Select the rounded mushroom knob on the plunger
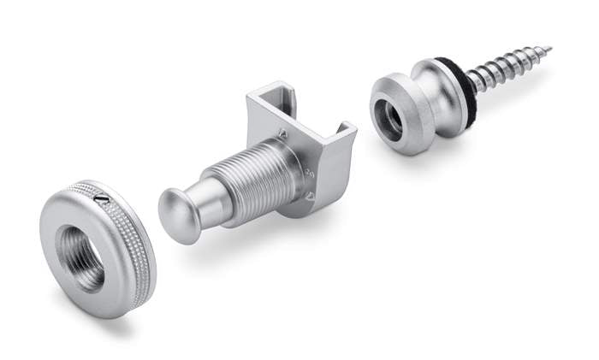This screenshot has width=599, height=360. tap(179, 215)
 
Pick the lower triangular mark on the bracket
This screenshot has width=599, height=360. tap(310, 196)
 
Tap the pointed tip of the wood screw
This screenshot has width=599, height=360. tap(546, 50)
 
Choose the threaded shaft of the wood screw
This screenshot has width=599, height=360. tap(505, 68)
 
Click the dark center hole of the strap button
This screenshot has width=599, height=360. tap(390, 121)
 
